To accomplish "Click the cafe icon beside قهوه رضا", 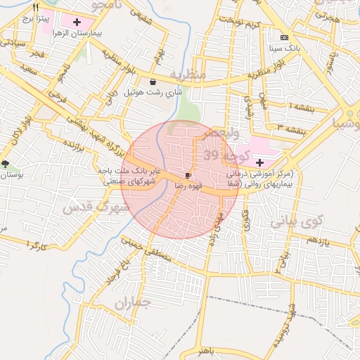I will pos(188,174).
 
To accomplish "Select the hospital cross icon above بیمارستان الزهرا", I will pos(77,22).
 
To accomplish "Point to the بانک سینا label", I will pos(284,49).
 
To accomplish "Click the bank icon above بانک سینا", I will pos(284,37).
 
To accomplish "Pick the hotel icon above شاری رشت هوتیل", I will pos(153,82).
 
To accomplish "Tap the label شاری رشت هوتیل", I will pos(153,92).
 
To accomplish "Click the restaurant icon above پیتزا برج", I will pos(35,8).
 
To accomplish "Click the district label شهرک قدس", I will pos(94,207).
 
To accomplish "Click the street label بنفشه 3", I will pos(290,129).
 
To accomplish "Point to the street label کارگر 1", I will pos(34,245).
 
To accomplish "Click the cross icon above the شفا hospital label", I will pos(259,162).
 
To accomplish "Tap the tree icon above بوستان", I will pos(6,164).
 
